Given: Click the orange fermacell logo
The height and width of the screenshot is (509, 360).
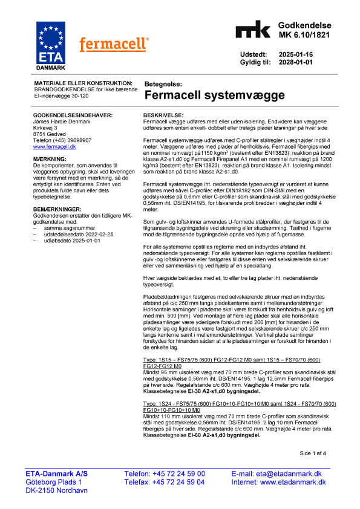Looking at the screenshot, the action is tap(114, 44).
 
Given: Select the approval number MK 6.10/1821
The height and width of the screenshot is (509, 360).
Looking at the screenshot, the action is tap(304, 35).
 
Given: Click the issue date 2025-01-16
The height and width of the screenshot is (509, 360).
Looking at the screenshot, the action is tap(296, 54).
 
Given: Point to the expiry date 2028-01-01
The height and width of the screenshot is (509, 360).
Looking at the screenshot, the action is tap(296, 62).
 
